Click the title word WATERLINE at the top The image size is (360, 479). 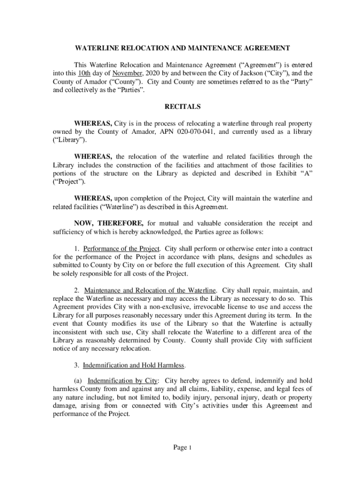96,48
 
